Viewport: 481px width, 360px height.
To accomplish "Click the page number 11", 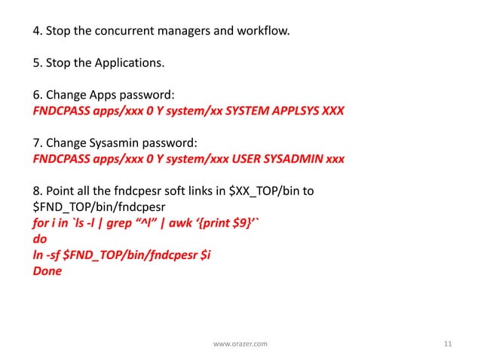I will pos(448,343).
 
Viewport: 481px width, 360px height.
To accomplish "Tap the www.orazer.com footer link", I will pos(240,344).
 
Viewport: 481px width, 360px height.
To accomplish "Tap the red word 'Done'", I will pos(47,271).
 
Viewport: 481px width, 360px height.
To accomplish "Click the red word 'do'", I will pos(39,239).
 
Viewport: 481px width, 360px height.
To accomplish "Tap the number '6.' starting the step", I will pos(37,96).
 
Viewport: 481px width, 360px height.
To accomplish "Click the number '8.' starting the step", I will pos(37,191).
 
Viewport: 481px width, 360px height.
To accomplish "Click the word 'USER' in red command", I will pos(241,159).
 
